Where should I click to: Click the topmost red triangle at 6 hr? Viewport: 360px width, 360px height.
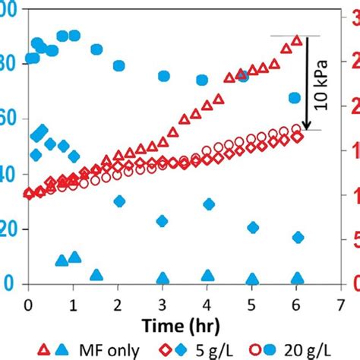297,41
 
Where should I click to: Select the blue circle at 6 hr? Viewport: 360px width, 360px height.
295,98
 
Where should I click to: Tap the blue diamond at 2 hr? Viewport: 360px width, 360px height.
118,201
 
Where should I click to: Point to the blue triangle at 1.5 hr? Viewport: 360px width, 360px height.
96,275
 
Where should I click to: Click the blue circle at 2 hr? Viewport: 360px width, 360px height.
118,65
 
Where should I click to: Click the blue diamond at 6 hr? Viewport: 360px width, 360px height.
297,238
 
